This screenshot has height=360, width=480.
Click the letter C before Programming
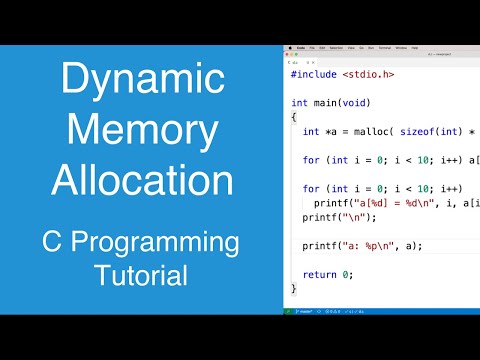[55, 243]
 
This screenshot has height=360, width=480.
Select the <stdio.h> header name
[375, 73]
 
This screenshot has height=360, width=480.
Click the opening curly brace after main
[294, 117]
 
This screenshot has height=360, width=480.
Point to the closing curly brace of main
[294, 288]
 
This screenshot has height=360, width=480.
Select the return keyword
[320, 274]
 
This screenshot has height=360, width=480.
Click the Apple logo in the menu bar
[290, 48]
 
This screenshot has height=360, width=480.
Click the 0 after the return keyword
[345, 274]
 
